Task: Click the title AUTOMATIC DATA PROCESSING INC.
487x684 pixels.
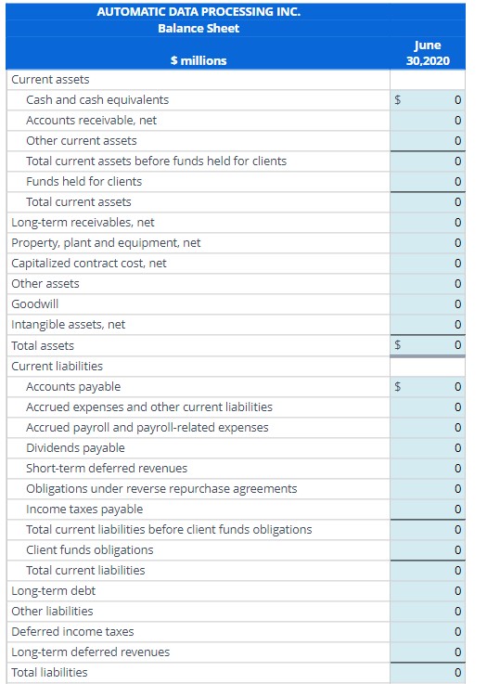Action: [x=199, y=12]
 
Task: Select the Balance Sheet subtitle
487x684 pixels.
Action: [x=199, y=29]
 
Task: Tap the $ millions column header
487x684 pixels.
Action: [x=199, y=60]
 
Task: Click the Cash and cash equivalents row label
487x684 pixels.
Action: [x=97, y=99]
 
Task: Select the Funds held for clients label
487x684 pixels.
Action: [x=83, y=181]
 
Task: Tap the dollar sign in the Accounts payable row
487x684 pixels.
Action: [x=399, y=386]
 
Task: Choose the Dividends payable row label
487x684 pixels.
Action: [x=75, y=447]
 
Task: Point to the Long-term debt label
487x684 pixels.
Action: [x=53, y=590]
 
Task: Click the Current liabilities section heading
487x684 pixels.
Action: [x=57, y=366]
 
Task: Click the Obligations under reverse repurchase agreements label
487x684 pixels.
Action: [x=161, y=488]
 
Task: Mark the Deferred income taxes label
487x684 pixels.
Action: [x=72, y=631]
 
